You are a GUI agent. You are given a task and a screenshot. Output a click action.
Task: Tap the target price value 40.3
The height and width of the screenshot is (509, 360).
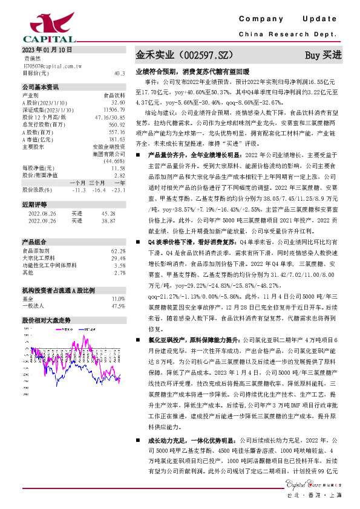pyautogui.click(x=119, y=73)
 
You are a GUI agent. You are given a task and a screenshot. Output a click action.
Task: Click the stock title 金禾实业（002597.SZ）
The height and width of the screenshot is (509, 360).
pyautogui.click(x=184, y=54)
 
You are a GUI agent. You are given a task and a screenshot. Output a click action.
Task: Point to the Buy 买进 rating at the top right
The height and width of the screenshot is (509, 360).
pyautogui.click(x=323, y=54)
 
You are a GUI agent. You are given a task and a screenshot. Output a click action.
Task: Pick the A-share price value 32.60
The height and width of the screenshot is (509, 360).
pyautogui.click(x=118, y=103)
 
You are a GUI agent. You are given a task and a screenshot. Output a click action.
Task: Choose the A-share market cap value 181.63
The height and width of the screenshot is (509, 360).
pyautogui.click(x=117, y=139)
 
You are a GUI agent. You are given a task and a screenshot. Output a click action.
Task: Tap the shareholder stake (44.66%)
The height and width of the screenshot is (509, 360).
pyautogui.click(x=114, y=161)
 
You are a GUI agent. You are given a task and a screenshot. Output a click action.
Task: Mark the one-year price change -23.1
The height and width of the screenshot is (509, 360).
pyautogui.click(x=119, y=190)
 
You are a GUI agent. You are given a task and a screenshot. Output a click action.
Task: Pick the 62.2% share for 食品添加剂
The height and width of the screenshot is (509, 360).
pyautogui.click(x=118, y=250)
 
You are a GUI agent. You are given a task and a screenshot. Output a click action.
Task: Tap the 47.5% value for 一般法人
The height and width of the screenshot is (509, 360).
pyautogui.click(x=118, y=306)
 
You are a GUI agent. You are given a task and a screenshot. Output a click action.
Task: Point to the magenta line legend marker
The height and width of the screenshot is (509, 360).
pyautogui.click(x=58, y=330)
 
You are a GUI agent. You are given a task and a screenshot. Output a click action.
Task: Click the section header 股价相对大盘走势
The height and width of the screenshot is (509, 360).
pyautogui.click(x=47, y=320)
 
